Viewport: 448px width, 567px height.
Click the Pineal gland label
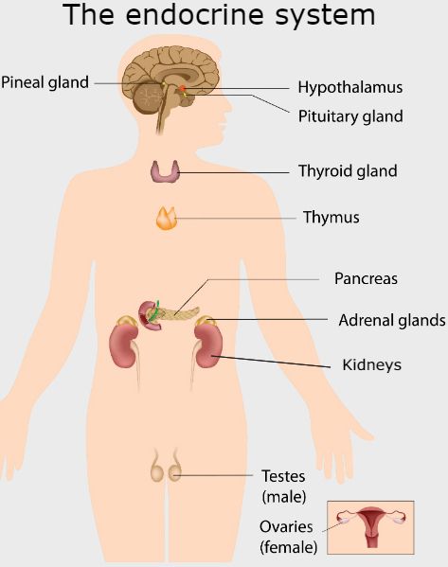point(45,82)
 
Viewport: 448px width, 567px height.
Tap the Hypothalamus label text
point(349,87)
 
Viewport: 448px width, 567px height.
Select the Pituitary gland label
point(349,116)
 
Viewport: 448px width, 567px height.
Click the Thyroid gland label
point(347,171)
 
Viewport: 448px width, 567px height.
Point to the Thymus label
point(331,218)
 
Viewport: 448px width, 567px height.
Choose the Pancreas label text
point(366,279)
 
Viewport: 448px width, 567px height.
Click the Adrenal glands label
point(391,320)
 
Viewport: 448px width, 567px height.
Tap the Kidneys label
point(371,364)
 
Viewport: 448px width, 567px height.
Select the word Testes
point(282,476)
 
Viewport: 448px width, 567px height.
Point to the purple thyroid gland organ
point(166,171)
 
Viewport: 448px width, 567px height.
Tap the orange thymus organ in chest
point(166,219)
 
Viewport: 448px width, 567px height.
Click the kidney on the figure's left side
point(125,345)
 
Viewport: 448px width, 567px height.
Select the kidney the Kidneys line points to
point(208,346)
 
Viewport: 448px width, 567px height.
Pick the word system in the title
point(320,16)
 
